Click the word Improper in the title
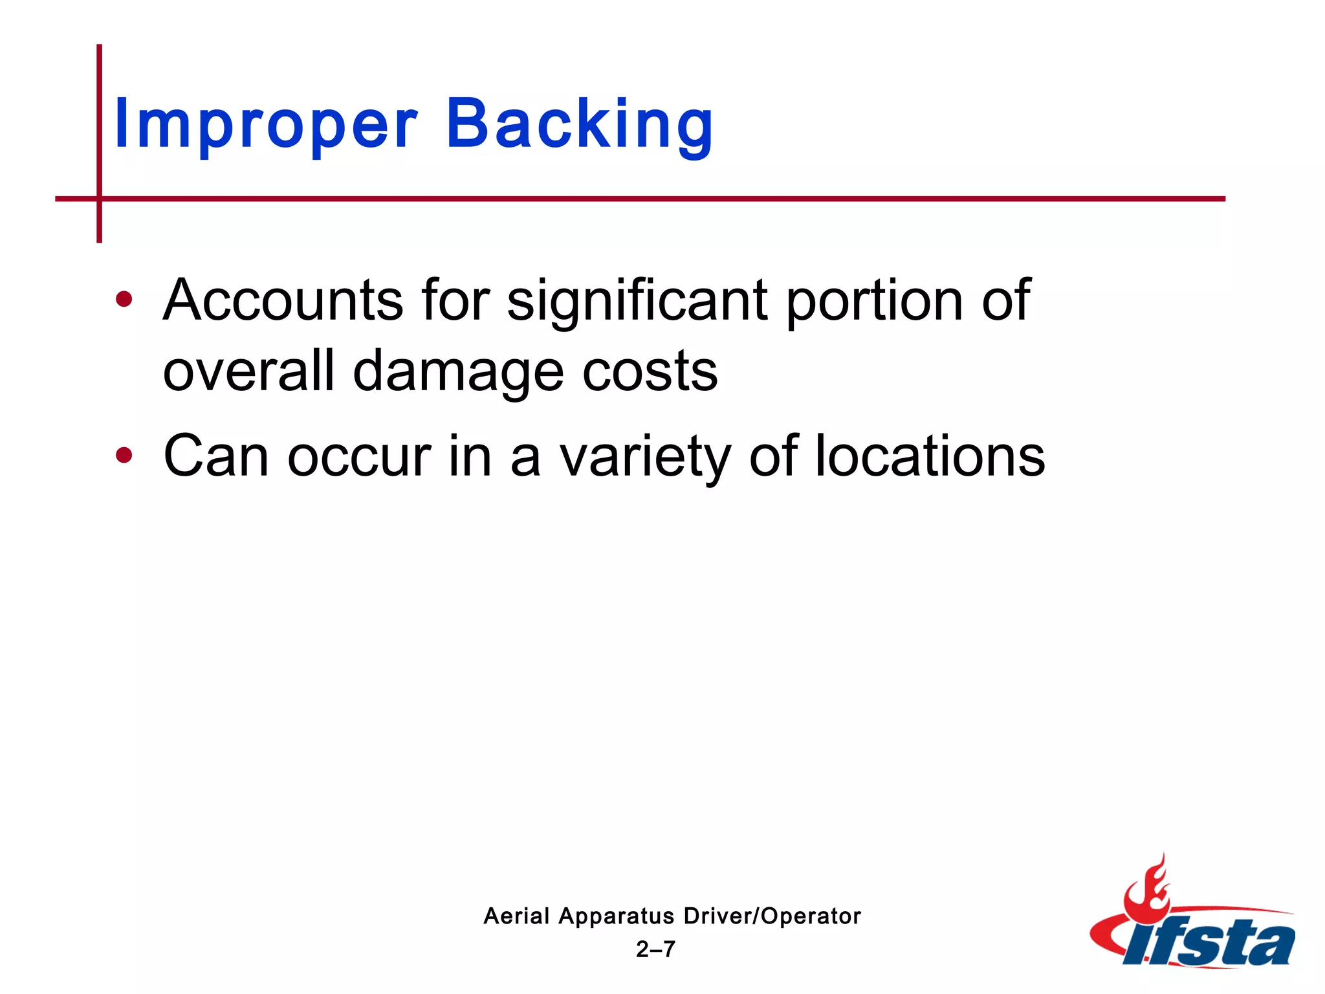(265, 124)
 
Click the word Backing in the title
(580, 124)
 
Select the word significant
(638, 301)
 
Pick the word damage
(458, 372)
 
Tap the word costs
(650, 372)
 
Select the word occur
(359, 456)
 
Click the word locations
(930, 456)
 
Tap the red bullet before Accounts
(124, 300)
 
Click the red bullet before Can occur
(124, 456)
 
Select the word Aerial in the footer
(516, 916)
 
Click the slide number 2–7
(655, 949)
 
